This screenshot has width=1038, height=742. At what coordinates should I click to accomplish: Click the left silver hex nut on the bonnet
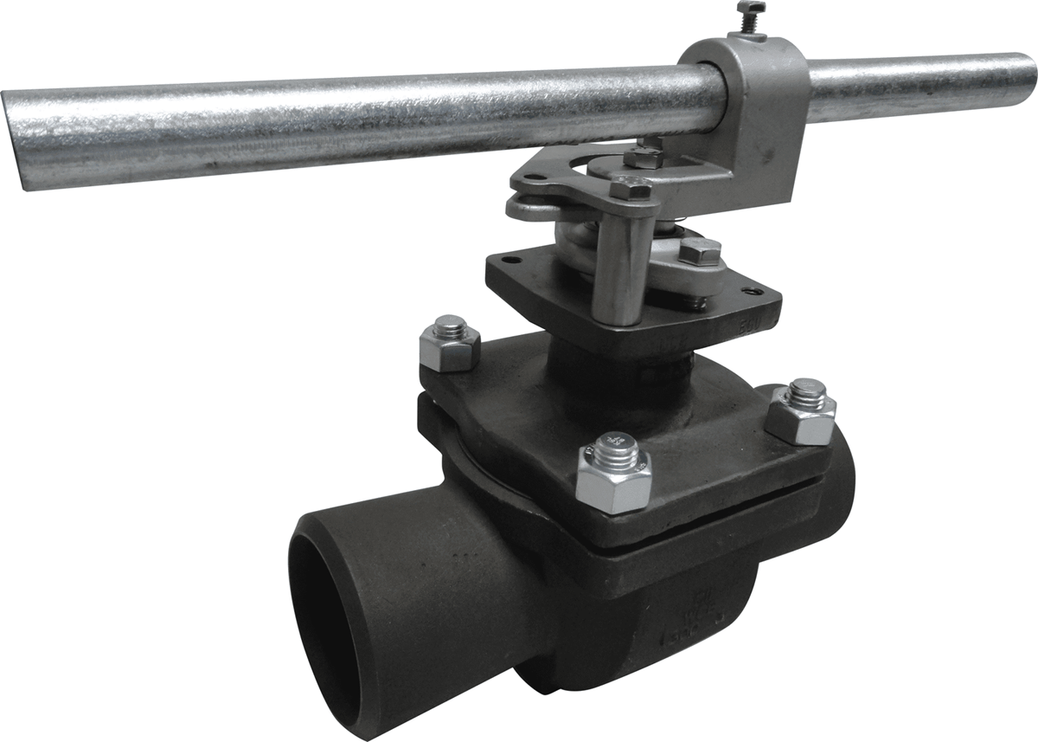coord(450,343)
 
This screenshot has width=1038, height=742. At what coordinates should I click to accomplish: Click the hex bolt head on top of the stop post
coord(630,187)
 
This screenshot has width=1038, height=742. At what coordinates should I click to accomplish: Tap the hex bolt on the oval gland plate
coord(699,252)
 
